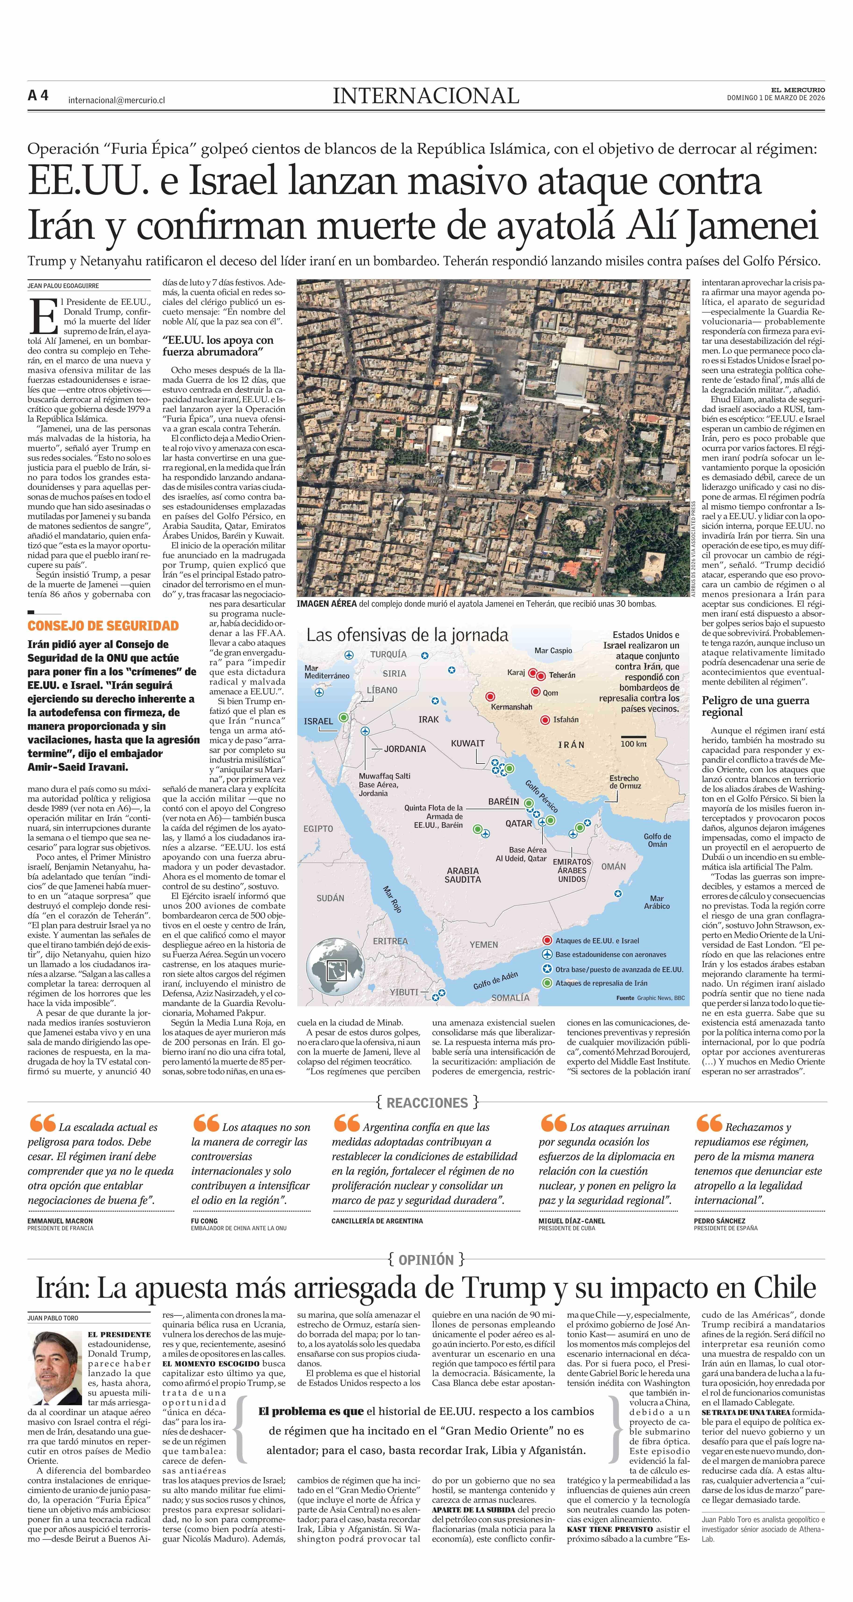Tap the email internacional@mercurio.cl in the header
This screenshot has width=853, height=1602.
[116, 100]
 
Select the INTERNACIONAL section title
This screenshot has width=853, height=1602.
[426, 96]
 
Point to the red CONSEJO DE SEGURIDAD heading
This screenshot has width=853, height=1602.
[103, 626]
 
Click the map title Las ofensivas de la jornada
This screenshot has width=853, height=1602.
[407, 635]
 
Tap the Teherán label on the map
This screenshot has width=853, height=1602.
[562, 675]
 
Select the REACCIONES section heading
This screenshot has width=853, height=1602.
[426, 1103]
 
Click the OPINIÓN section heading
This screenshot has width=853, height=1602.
[426, 1260]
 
